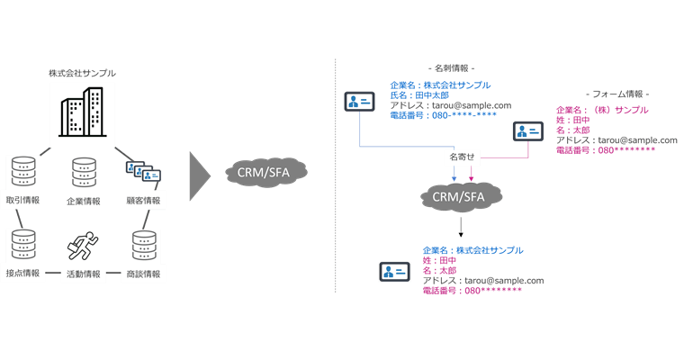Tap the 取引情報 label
(22, 200)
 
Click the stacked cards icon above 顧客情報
(143, 171)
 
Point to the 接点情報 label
(22, 273)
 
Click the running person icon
(82, 246)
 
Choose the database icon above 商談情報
(144, 245)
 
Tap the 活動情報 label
(84, 274)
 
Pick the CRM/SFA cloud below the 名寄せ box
(461, 196)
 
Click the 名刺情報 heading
(450, 67)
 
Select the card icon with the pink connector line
(528, 131)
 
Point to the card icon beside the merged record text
(393, 271)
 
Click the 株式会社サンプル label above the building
(82, 72)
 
